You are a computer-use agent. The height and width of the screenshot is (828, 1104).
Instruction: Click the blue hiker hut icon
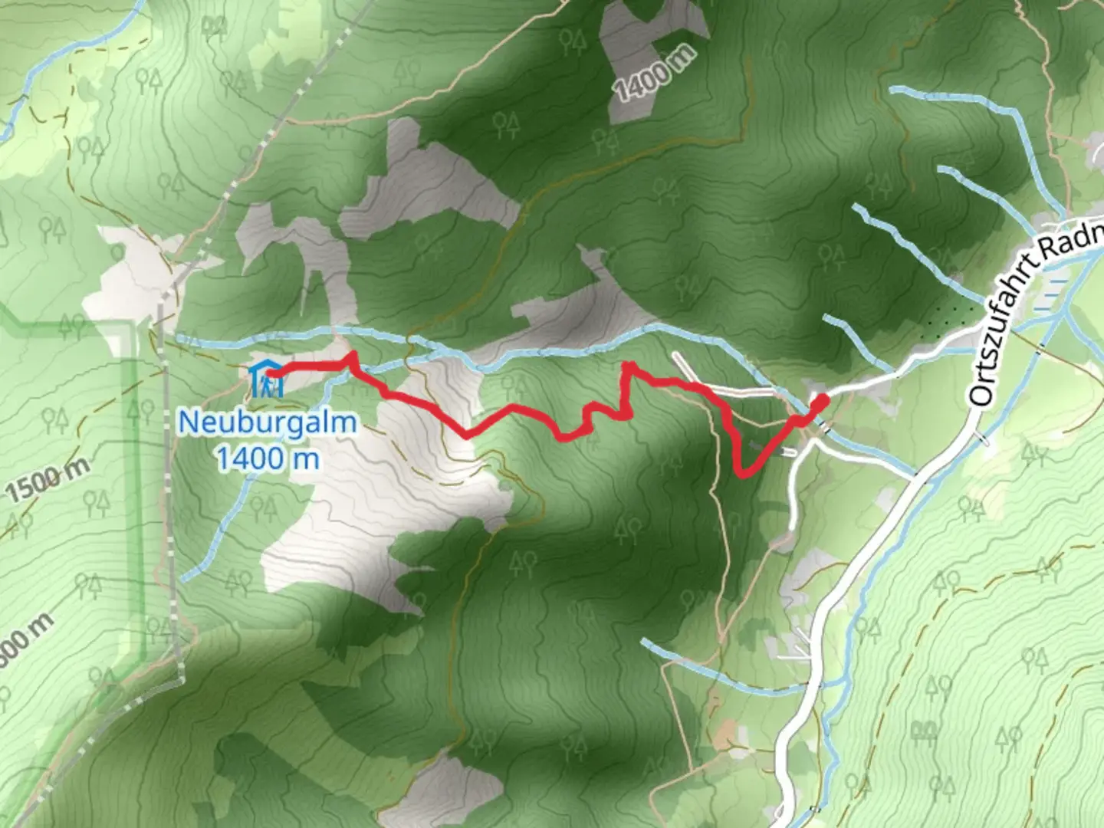(x=265, y=379)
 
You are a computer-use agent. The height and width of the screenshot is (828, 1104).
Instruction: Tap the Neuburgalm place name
(x=268, y=422)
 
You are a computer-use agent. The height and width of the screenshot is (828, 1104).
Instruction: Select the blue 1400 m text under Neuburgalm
(x=268, y=458)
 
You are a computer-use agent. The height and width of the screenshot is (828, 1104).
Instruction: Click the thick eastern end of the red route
(x=819, y=402)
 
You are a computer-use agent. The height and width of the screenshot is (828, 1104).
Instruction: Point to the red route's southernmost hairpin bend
(x=742, y=473)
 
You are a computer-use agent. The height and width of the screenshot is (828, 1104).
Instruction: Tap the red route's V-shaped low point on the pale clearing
(x=466, y=435)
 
